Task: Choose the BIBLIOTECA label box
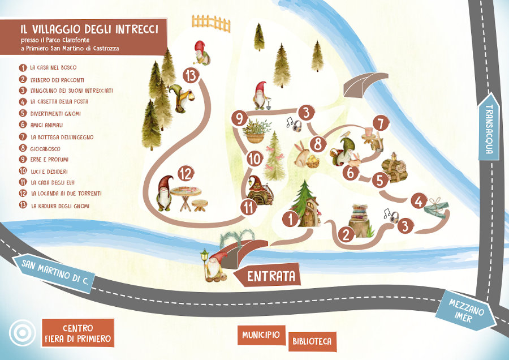pyautogui.click(x=312, y=341)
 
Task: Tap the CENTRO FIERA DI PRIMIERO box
pyautogui.click(x=78, y=333)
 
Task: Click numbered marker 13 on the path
pyautogui.click(x=193, y=75)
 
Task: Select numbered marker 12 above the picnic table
pyautogui.click(x=186, y=173)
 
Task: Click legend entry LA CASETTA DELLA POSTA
pyautogui.click(x=59, y=102)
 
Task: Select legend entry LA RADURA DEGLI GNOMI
pyautogui.click(x=59, y=206)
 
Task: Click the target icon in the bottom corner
pyautogui.click(x=22, y=333)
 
